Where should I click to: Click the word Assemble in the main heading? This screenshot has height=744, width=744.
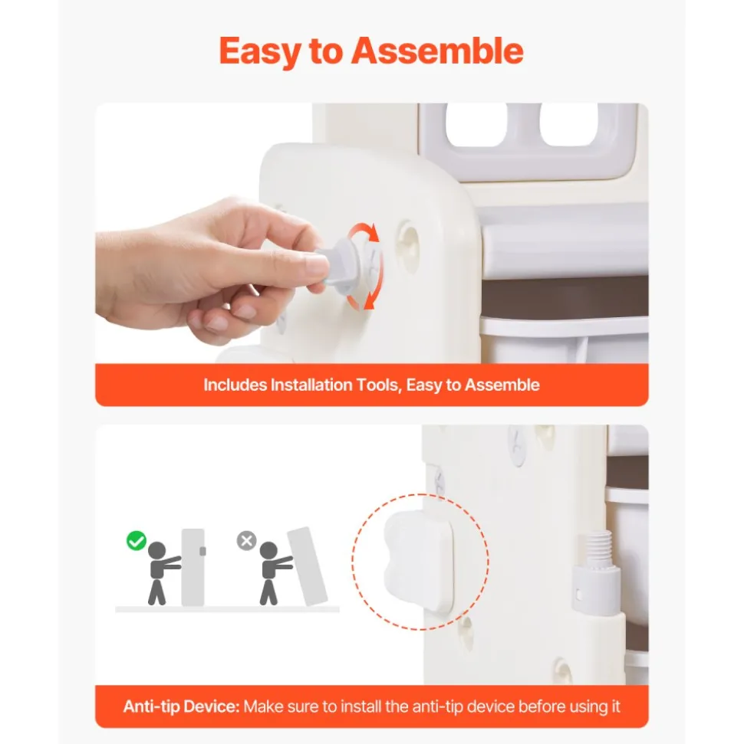(437, 51)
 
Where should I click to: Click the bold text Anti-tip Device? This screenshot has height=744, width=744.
(182, 706)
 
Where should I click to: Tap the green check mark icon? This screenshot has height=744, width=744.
(137, 540)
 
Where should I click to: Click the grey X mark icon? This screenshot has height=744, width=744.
(246, 540)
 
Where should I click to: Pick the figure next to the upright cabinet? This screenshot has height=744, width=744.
(162, 572)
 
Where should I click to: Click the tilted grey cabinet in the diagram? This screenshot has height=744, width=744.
(308, 566)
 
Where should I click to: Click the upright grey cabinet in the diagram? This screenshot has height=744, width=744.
(193, 567)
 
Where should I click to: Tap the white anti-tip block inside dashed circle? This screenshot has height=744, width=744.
(419, 561)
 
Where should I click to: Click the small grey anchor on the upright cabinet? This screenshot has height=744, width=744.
(202, 551)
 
